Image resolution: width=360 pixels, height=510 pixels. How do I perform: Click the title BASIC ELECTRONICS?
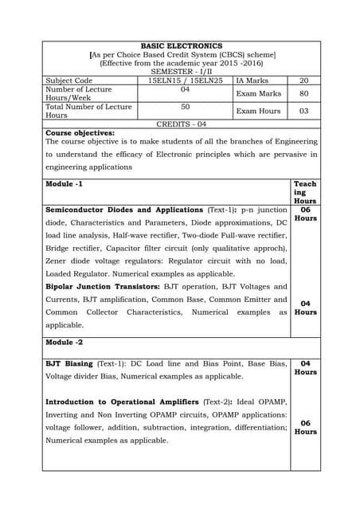tap(181, 46)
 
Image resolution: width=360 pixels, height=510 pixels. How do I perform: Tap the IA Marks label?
tap(252, 80)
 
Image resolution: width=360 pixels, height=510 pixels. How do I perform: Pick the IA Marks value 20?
tap(303, 80)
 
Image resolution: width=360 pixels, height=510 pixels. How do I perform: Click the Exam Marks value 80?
tap(303, 93)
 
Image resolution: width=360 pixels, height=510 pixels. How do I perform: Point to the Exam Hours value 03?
tap(303, 112)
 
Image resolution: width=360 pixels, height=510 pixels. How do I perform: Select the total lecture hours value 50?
tap(185, 107)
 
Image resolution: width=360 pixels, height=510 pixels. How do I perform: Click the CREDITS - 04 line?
tap(181, 124)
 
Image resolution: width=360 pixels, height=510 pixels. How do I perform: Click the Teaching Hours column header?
tap(305, 193)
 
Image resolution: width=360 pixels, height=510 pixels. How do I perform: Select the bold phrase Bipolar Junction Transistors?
tap(100, 286)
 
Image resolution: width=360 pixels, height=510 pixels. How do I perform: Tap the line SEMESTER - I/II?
tap(181, 72)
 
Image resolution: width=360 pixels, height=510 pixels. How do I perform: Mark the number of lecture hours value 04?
tap(185, 89)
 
